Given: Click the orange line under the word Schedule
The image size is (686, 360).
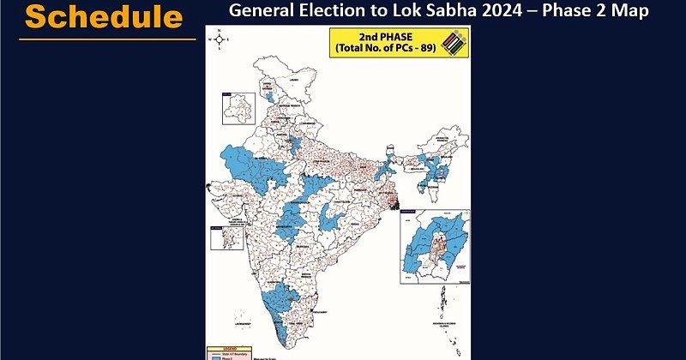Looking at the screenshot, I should [107, 38].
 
